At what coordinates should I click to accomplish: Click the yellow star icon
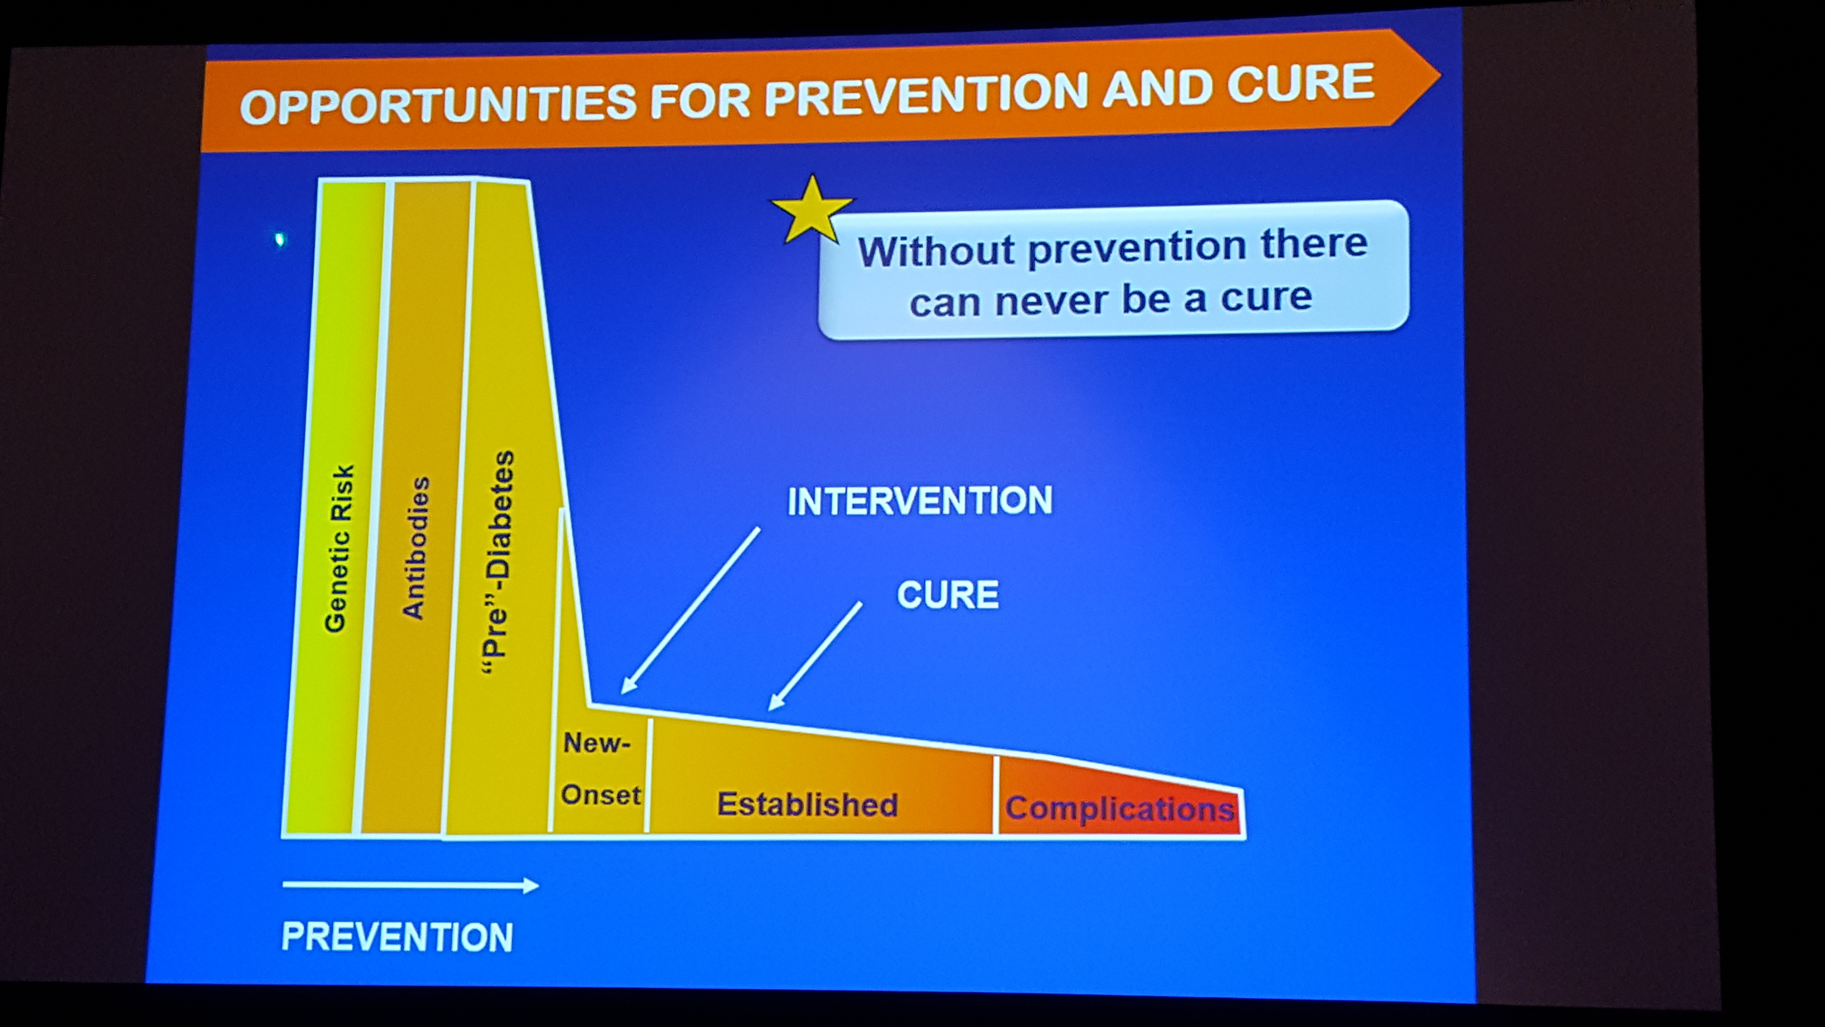pos(812,210)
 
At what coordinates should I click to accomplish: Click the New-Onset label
pos(600,769)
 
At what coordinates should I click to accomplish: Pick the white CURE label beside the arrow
pos(948,595)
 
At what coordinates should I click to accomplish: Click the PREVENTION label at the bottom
pos(397,937)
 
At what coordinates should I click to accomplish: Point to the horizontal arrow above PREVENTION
pos(411,885)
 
